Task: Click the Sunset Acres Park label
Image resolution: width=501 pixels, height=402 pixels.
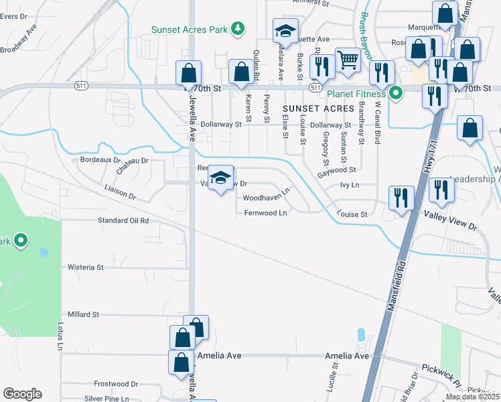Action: point(189,29)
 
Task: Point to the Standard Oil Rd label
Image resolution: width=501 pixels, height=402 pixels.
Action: point(123,220)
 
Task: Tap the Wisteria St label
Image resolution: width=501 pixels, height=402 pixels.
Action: point(85,267)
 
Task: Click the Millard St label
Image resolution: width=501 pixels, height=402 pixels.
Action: point(83,314)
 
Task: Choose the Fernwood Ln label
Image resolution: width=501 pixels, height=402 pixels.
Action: point(265,213)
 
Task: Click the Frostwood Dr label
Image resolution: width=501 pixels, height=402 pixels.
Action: point(115,384)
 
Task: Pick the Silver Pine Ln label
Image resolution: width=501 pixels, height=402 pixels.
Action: point(106,398)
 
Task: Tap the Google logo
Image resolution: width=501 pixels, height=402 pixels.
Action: point(22,394)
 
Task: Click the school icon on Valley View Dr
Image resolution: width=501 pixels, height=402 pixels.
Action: point(221,178)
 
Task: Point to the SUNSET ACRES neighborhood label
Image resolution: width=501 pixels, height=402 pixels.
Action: point(317,108)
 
